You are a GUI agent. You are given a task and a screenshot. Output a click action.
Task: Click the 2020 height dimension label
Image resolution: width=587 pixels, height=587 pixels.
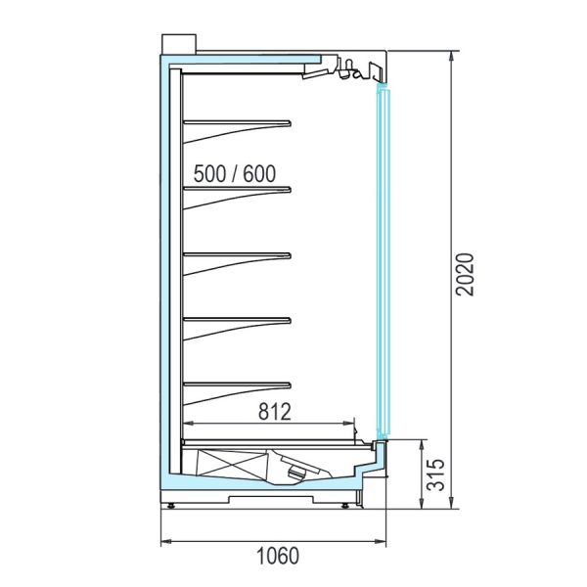click(x=465, y=275)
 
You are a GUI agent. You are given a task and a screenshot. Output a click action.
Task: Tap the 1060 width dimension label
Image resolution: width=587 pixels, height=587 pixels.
click(x=278, y=556)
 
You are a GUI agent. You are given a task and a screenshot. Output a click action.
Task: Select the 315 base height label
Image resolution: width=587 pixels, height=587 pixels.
click(x=436, y=474)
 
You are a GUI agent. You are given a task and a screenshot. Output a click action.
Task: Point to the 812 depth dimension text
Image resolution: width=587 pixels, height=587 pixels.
click(x=274, y=412)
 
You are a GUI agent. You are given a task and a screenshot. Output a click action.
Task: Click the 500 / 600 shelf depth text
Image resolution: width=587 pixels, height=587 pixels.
click(x=235, y=174)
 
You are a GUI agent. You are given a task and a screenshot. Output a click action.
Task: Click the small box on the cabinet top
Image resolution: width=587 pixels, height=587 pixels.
click(x=179, y=44)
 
